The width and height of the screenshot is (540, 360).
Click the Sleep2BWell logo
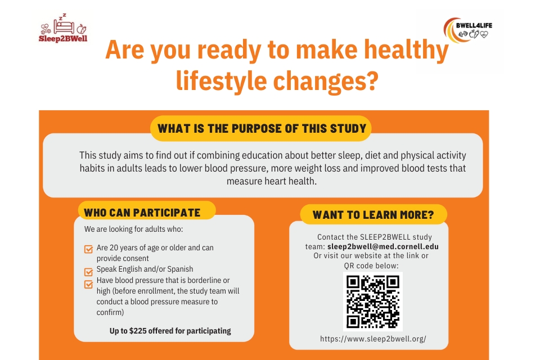point(63,28)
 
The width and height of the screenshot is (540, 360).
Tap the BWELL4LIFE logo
point(467,30)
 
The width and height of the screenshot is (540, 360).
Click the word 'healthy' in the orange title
point(406,50)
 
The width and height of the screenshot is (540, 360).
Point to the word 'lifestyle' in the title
point(221,82)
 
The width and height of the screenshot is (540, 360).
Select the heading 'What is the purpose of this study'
point(262,128)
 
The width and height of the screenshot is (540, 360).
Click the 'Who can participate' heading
point(142,213)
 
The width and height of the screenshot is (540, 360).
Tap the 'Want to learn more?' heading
point(373,215)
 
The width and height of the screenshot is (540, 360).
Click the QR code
point(372,301)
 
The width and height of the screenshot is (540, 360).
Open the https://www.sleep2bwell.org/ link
point(373,339)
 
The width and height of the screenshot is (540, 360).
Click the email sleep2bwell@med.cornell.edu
point(383,247)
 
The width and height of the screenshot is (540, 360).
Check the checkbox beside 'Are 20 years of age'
point(88,249)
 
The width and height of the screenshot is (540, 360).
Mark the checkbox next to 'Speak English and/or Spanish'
point(88,272)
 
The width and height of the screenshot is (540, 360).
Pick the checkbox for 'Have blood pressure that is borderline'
point(88,284)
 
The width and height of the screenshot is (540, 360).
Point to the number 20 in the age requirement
point(114,247)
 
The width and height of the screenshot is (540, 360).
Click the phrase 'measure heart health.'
point(271,181)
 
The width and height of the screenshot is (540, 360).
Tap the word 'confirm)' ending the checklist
point(110,312)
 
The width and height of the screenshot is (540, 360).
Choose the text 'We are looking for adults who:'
point(134,229)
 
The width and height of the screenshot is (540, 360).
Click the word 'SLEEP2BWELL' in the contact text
point(385,237)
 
